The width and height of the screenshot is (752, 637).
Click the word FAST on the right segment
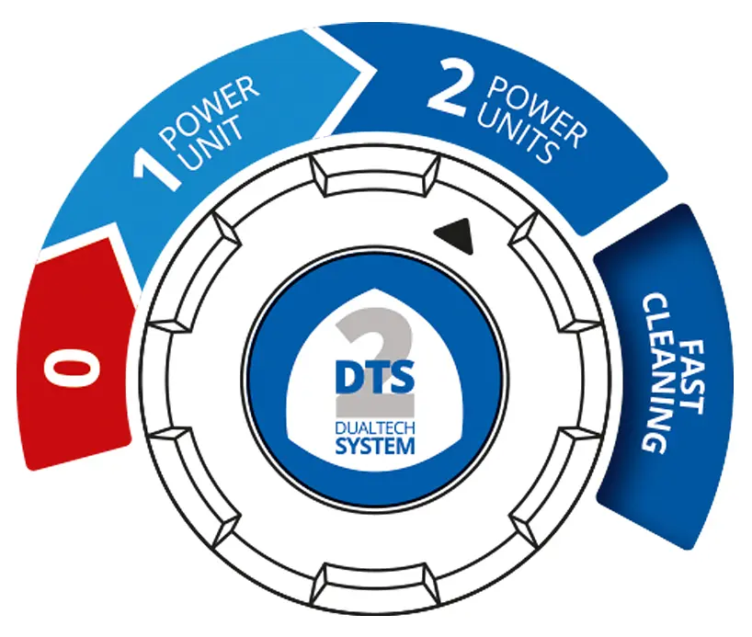pyautogui.click(x=692, y=377)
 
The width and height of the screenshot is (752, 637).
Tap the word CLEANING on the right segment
pyautogui.click(x=655, y=375)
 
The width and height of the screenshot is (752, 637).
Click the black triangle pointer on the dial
pyautogui.click(x=455, y=235)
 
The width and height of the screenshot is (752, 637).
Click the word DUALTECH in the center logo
pyautogui.click(x=375, y=428)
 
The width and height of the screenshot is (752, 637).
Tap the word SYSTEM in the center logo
pyautogui.click(x=375, y=446)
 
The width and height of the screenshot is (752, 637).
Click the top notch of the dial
pyautogui.click(x=375, y=175)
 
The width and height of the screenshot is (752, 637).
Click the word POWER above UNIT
pyautogui.click(x=211, y=114)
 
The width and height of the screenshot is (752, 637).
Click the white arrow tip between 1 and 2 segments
pyautogui.click(x=373, y=71)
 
